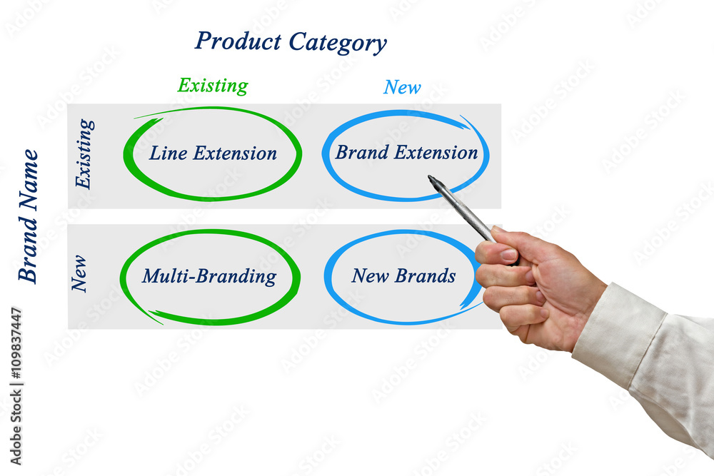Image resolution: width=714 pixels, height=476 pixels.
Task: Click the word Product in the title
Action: pos(238,41)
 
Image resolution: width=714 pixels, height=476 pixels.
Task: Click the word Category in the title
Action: pos(338,43)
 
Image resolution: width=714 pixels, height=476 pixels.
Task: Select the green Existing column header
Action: pos(213,86)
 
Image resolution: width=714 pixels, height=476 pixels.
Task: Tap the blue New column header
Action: pos(402,87)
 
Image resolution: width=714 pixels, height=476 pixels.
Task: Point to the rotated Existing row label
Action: pos(84,154)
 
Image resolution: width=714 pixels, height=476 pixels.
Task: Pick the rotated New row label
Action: pos(79,273)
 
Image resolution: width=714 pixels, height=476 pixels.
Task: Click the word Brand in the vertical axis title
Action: pos(28,248)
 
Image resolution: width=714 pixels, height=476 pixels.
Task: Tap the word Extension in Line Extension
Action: pos(235,153)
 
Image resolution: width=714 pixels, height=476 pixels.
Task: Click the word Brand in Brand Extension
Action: pos(362,152)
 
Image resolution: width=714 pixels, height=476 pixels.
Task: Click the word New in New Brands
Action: pos(370,275)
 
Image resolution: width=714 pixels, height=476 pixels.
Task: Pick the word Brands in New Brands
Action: pos(426,275)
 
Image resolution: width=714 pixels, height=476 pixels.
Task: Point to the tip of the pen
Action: pos(429,177)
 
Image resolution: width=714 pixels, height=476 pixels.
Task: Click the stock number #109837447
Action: pos(16,343)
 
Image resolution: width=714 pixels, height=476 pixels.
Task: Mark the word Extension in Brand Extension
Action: pos(436,152)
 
